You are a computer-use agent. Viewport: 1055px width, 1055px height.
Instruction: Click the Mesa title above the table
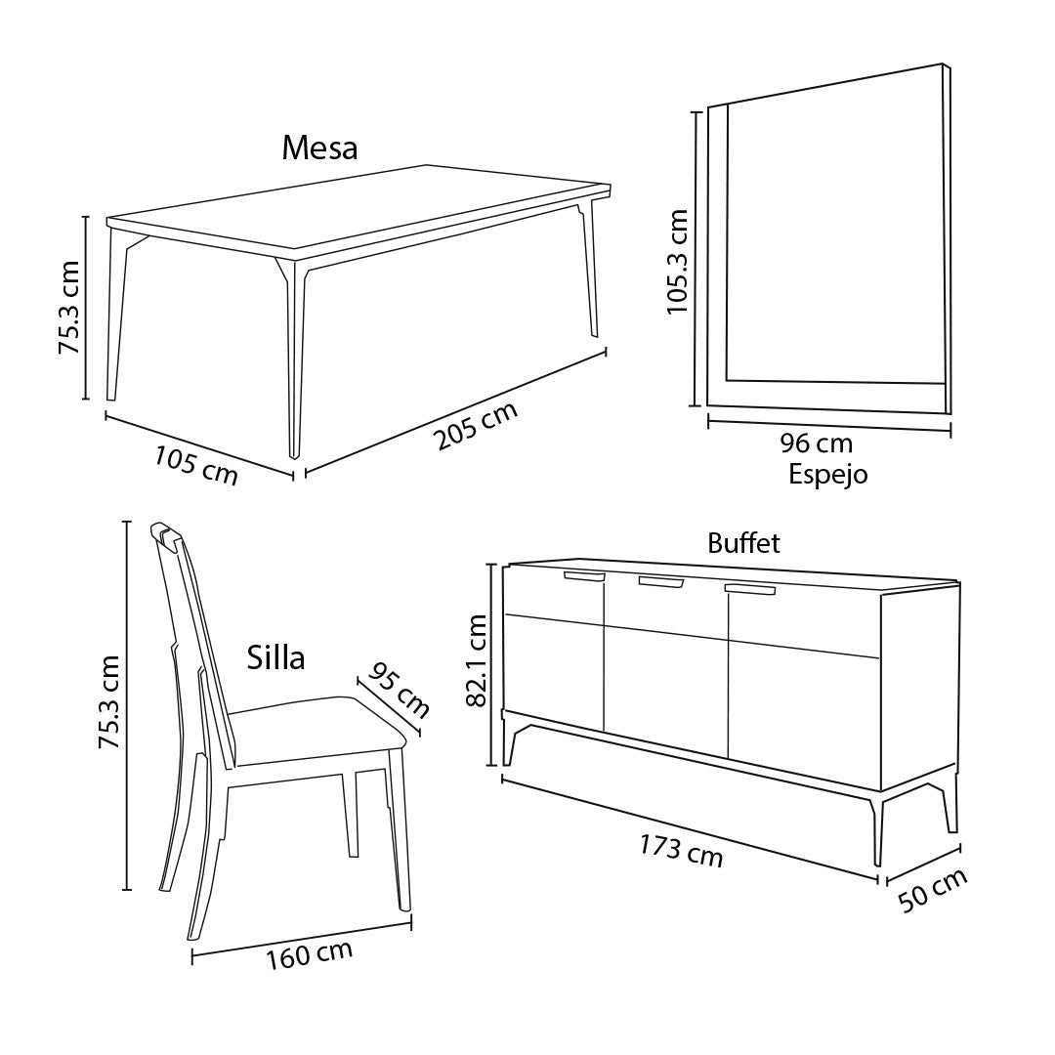click(319, 148)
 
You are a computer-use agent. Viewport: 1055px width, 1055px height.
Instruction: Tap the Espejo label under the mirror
click(828, 475)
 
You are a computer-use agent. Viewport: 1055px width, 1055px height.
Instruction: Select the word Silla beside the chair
click(275, 657)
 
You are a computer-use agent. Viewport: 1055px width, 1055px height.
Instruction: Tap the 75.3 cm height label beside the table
click(69, 308)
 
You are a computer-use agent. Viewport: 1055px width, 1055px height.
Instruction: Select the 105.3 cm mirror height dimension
click(678, 262)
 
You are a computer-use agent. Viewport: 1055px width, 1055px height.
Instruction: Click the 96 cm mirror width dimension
click(816, 443)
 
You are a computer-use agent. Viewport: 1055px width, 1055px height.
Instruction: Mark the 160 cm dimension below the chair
click(310, 955)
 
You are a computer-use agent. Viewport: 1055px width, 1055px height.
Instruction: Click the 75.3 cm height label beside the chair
click(109, 701)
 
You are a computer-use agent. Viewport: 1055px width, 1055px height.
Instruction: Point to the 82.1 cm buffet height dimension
click(477, 660)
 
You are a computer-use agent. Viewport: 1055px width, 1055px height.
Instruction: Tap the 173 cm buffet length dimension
click(681, 851)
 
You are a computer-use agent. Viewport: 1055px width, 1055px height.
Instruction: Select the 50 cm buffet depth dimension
click(933, 890)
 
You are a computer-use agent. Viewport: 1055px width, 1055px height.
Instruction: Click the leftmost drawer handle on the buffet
click(584, 576)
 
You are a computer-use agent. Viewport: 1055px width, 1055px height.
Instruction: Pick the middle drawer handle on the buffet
click(660, 582)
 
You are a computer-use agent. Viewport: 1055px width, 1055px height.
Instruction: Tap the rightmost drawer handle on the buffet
click(749, 590)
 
